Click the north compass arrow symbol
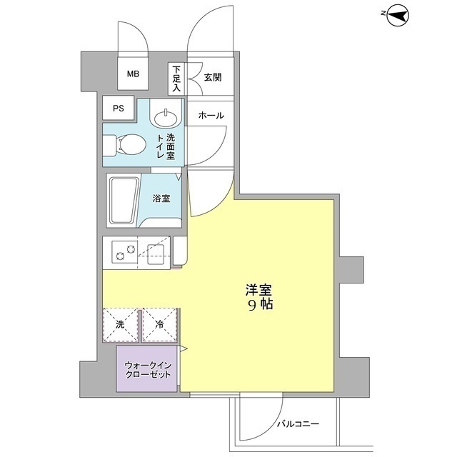398,16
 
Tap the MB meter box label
133,74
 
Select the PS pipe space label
119,109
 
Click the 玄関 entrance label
213,77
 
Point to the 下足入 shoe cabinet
176,79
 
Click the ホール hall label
211,116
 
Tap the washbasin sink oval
166,118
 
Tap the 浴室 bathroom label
161,199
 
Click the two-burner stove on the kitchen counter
124,252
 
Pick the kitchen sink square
156,254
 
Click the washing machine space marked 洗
121,325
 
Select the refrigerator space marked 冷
160,325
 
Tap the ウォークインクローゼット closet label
148,370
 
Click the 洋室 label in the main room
258,290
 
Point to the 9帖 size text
260,304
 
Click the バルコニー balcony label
298,423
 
